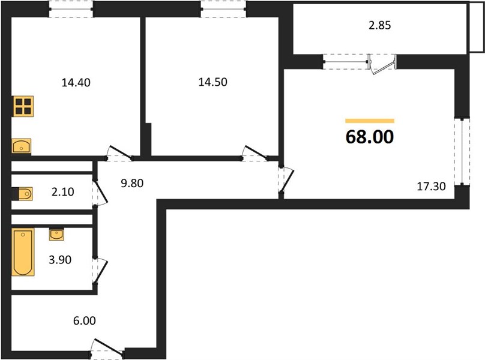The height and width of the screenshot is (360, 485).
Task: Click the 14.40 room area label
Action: click(76, 83)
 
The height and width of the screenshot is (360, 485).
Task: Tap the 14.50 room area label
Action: click(213, 82)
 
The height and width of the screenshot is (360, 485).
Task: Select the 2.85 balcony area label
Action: click(380, 25)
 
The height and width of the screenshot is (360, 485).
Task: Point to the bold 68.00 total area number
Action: click(370, 137)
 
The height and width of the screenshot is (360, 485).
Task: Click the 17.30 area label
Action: click(432, 186)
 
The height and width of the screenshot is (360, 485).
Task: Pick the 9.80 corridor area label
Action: click(132, 183)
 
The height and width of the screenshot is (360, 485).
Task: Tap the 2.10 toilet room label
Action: click(63, 192)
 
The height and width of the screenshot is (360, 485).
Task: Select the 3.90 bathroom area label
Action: click(60, 260)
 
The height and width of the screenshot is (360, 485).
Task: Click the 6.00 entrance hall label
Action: click(85, 321)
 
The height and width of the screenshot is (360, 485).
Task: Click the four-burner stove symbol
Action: click(23, 106)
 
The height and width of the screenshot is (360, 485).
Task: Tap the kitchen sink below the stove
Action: click(22, 146)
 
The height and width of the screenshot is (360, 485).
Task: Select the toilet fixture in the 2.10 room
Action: click(22, 194)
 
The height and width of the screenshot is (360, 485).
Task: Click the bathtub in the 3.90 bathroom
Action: click(23, 252)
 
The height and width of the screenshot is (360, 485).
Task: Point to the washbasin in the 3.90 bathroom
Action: click(56, 235)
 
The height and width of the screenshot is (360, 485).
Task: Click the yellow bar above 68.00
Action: click(370, 121)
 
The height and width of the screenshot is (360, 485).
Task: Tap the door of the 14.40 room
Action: click(119, 154)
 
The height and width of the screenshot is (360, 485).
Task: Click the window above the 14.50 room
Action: click(224, 9)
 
